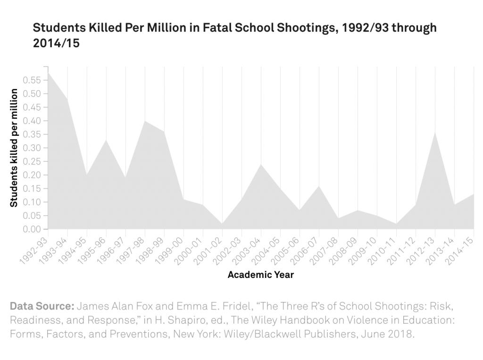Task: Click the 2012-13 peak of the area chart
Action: (x=435, y=132)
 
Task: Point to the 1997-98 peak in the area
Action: (x=145, y=121)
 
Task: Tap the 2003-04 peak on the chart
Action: (x=261, y=164)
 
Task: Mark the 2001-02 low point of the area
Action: (x=222, y=224)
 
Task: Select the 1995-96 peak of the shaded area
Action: (x=106, y=140)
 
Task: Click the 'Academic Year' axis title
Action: (x=260, y=275)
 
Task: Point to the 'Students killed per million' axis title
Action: (x=14, y=148)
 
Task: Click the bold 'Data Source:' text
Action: (x=42, y=306)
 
